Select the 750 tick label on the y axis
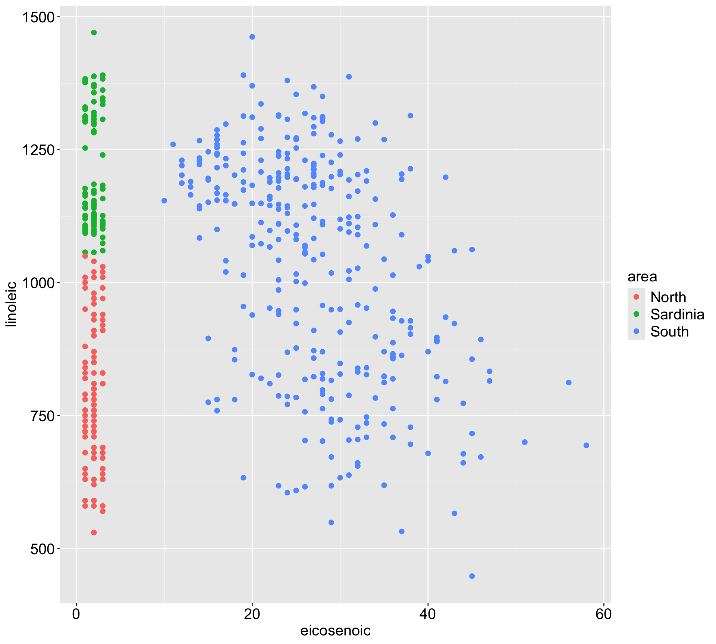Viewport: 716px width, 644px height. click(43, 416)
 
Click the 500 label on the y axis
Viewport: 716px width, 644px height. click(43, 549)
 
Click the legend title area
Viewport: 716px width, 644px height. click(642, 277)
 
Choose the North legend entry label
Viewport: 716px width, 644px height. click(668, 297)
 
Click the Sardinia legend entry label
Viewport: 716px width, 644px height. click(677, 315)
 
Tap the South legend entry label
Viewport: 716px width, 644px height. click(669, 332)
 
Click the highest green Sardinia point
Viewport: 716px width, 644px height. click(94, 33)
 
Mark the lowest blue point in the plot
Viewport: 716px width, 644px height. click(472, 576)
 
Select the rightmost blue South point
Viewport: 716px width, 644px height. click(586, 445)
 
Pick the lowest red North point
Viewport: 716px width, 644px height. click(94, 533)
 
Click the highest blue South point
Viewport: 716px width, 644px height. click(252, 37)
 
